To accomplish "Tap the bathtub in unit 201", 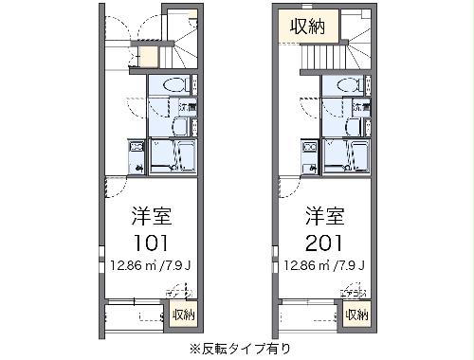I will click(345, 154).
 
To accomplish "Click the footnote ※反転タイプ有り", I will click(237, 348).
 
